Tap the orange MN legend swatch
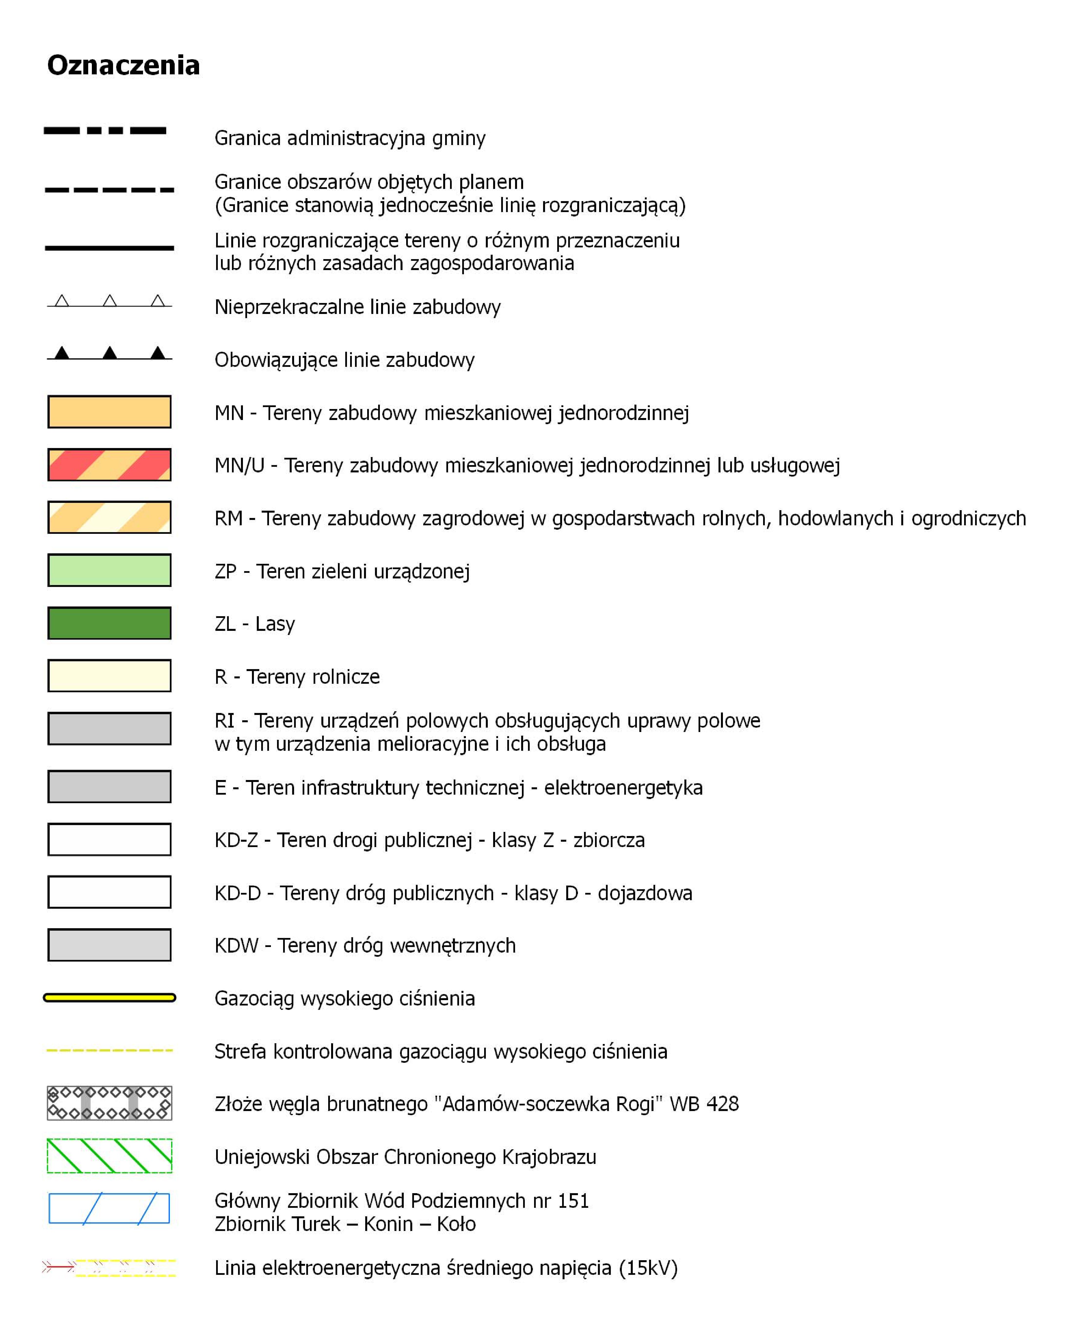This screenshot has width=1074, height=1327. pos(109,412)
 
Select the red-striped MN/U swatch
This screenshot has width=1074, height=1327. pos(109,464)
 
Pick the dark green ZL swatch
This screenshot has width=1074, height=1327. pos(109,623)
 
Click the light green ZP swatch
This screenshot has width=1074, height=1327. pos(109,570)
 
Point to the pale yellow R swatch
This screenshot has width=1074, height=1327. pos(109,675)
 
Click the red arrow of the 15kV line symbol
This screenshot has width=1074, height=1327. pos(59,1267)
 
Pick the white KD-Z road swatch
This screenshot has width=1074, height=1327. pos(109,839)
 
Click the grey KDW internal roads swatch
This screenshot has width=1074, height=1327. pos(109,945)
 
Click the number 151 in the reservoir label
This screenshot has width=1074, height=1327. pos(573,1201)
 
